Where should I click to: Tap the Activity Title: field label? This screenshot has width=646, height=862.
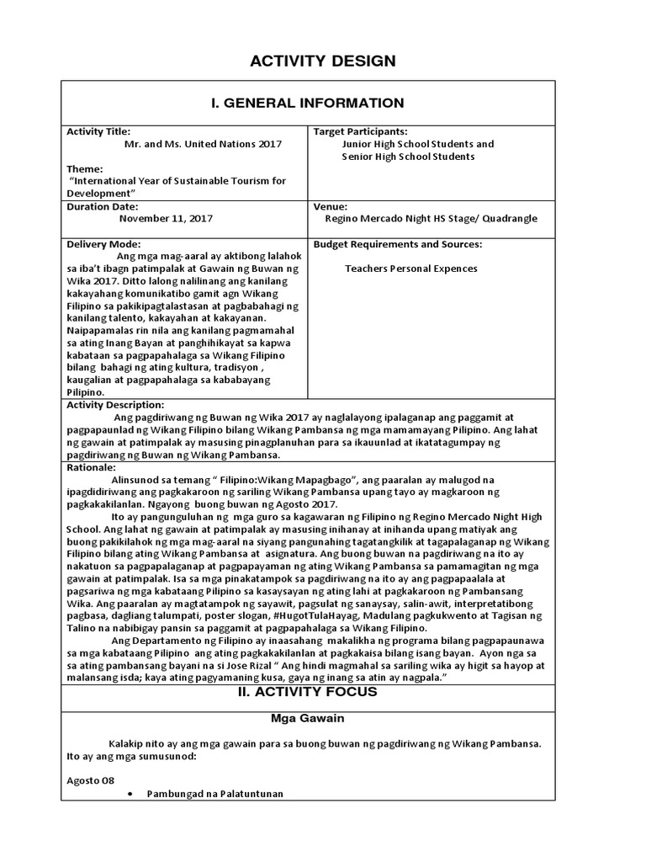click(98, 132)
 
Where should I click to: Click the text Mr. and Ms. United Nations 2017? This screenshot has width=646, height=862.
click(203, 144)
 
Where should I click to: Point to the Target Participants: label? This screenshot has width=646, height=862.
click(360, 132)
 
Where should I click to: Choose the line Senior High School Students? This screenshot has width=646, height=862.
click(407, 157)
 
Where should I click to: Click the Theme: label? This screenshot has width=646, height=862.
click(84, 168)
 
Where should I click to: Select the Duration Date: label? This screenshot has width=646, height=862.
click(102, 205)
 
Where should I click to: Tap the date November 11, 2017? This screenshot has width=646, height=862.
click(166, 218)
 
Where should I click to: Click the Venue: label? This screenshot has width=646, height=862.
click(330, 205)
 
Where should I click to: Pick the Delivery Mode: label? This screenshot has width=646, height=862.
click(101, 244)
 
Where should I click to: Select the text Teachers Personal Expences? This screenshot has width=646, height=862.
click(410, 269)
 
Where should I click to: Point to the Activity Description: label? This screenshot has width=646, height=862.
click(115, 405)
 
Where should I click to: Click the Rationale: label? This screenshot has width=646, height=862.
click(91, 466)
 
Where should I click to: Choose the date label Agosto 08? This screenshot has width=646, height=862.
click(90, 780)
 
